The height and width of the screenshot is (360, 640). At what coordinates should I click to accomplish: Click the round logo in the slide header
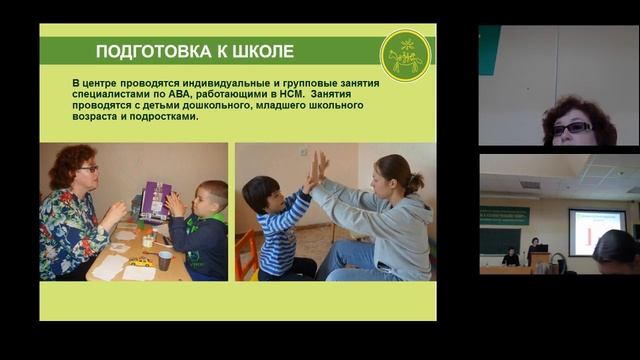tap(405, 56)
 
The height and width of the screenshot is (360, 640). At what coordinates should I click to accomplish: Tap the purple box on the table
tap(155, 201)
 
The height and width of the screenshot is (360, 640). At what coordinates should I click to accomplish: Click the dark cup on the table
tap(165, 259)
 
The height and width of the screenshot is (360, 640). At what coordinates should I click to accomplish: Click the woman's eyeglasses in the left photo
tap(88, 170)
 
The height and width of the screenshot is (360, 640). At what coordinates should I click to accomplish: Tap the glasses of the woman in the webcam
tap(572, 128)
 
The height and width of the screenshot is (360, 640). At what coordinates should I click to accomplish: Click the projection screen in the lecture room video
tap(596, 230)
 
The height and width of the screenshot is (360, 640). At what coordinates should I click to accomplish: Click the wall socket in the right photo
tap(303, 152)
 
